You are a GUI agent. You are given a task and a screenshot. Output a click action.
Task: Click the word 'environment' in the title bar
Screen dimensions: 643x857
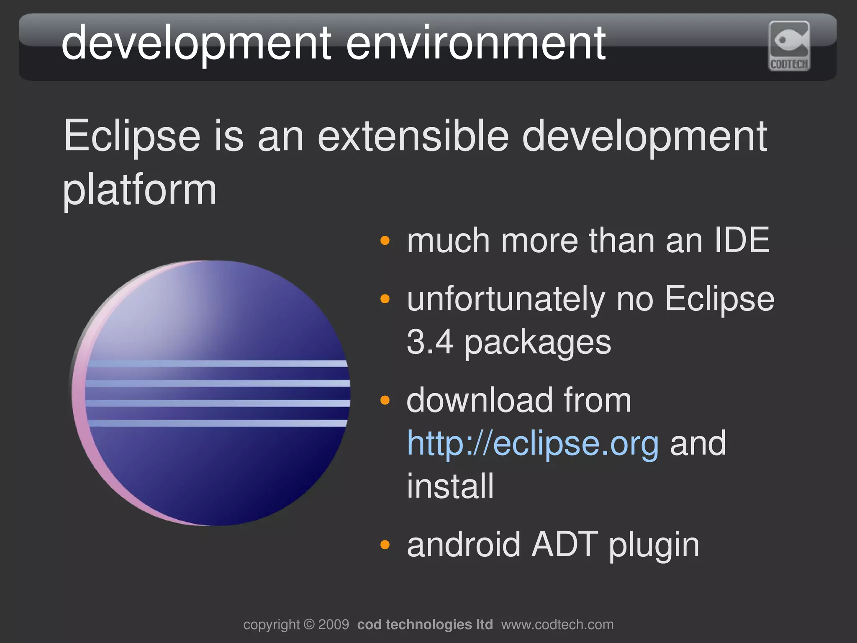(475, 43)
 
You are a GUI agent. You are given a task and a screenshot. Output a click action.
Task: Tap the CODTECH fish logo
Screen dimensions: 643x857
(789, 46)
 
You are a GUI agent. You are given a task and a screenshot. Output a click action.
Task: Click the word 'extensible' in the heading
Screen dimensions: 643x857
(413, 136)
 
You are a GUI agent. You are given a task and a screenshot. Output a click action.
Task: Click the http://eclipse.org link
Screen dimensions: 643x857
(533, 443)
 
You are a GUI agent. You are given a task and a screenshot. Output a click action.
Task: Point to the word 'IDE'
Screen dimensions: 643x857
(742, 241)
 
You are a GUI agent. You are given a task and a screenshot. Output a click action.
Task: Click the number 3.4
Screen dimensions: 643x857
(430, 342)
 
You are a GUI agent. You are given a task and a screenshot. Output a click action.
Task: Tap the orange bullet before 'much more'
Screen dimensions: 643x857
(385, 241)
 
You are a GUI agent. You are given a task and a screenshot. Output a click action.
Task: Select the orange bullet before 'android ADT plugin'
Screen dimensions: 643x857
(385, 545)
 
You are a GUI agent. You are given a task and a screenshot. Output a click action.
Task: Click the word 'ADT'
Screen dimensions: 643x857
(564, 545)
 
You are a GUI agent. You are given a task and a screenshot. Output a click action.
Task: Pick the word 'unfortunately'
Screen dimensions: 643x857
(506, 300)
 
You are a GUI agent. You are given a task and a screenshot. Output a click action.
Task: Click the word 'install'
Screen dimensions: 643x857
(450, 486)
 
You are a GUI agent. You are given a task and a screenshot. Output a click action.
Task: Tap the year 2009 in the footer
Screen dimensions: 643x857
(334, 625)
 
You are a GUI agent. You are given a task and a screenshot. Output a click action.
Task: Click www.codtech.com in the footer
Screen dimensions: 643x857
(557, 625)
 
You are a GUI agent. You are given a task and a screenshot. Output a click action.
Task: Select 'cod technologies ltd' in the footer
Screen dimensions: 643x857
(425, 625)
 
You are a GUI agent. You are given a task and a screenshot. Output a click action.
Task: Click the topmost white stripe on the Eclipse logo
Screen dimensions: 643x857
(218, 364)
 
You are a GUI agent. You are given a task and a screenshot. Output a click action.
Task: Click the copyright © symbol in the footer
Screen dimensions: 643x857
(309, 625)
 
